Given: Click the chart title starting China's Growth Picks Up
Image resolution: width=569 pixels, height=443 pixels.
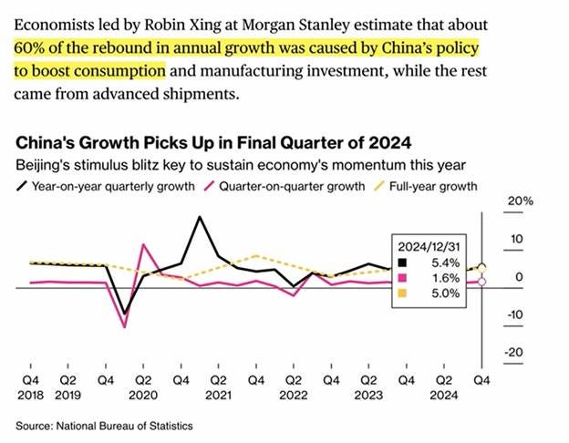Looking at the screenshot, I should [x=212, y=143].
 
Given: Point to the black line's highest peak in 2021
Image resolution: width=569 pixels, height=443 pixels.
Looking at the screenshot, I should [x=199, y=217].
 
